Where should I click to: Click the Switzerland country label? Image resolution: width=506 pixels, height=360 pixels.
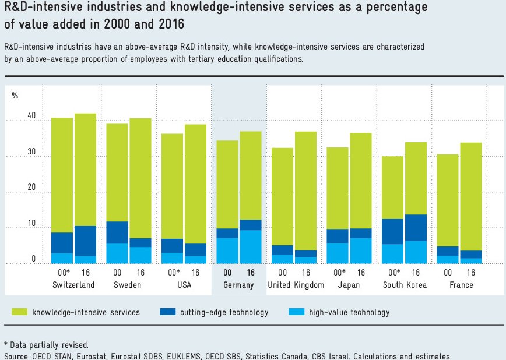(x=73, y=285)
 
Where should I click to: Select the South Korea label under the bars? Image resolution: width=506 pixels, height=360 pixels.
(x=405, y=285)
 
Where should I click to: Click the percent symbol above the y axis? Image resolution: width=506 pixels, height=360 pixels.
(x=15, y=96)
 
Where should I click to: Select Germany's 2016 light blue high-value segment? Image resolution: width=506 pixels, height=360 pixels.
(x=251, y=246)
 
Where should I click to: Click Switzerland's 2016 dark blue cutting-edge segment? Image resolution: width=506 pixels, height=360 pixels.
(x=85, y=241)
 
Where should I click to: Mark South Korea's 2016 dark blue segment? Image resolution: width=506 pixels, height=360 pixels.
(x=416, y=227)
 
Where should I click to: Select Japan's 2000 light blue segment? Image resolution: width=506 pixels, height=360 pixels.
(x=338, y=253)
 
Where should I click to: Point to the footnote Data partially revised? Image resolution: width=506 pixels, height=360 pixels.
(x=46, y=345)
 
